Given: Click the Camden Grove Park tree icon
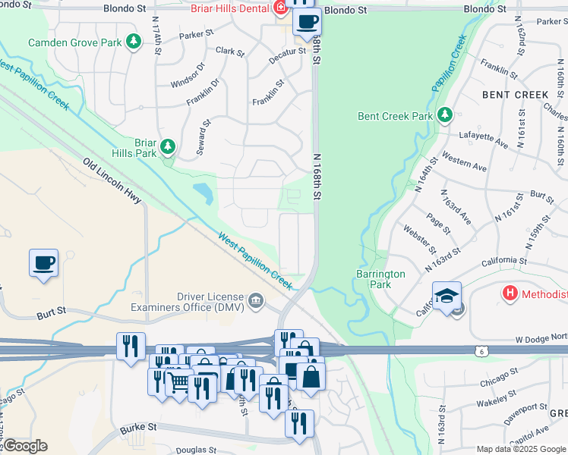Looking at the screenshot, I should point(134,41).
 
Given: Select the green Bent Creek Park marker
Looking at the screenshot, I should point(444,115).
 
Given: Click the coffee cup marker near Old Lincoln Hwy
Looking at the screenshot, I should point(43,263).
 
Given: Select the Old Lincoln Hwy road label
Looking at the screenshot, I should point(112,180).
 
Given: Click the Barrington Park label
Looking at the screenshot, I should point(380,279).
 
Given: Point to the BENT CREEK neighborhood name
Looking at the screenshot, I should point(515,95).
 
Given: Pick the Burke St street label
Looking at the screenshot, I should point(137,428).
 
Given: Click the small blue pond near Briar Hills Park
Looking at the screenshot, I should point(203,193).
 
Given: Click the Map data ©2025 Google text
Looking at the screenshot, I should point(520,449).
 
